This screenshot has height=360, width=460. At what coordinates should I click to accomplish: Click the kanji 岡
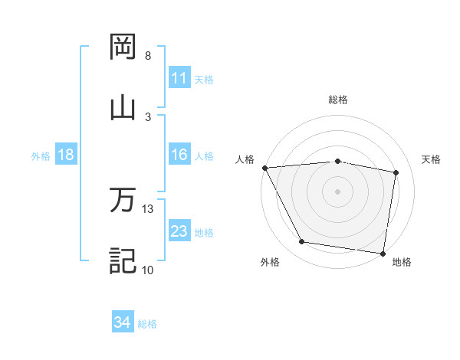(123, 47)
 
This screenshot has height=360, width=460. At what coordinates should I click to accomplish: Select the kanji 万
(123, 201)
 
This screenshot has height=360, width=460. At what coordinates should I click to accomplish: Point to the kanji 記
(123, 260)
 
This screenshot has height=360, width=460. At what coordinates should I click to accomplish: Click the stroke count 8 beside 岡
(148, 56)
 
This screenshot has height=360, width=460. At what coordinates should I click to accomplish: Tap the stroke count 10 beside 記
(148, 270)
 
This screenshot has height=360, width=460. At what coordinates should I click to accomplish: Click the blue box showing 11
(179, 78)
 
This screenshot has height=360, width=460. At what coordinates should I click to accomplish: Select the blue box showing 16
(179, 155)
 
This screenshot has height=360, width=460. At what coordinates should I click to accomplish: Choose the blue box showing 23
(179, 231)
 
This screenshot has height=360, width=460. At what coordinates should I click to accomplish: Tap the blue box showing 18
(66, 155)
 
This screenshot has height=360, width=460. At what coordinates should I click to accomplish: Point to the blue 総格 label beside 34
(147, 324)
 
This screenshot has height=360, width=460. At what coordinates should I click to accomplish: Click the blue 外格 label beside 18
(41, 155)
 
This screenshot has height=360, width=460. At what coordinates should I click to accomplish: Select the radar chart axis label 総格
(338, 100)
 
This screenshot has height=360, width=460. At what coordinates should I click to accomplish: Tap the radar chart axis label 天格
(432, 159)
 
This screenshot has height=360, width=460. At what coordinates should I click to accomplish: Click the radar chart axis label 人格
(245, 159)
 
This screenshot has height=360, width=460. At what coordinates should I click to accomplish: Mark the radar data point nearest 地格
(383, 253)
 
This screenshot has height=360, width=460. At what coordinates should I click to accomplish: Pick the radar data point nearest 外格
(302, 242)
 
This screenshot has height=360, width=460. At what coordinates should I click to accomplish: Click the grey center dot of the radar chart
(338, 191)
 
